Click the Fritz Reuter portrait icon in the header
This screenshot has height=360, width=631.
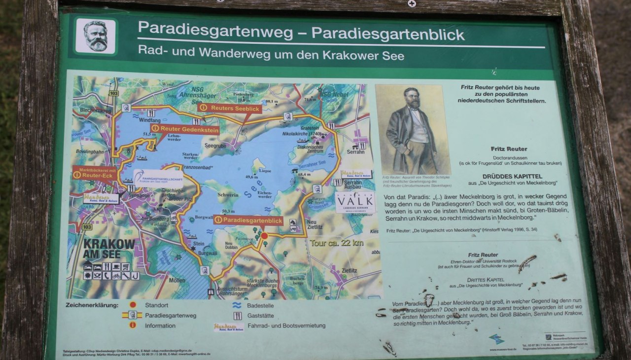(96, 36)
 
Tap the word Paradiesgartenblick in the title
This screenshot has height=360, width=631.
(388, 34)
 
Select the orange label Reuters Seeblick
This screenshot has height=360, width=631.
(229, 108)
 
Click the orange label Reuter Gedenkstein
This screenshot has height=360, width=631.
(184, 129)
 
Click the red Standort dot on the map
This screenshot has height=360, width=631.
(264, 236)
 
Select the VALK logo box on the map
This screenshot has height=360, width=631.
(355, 203)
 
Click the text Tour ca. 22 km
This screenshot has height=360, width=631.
(337, 243)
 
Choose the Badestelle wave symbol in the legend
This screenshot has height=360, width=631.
(237, 305)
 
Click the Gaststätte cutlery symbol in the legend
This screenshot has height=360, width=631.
(237, 316)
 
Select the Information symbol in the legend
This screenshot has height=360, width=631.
(132, 325)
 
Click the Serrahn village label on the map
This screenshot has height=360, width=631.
(355, 153)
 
